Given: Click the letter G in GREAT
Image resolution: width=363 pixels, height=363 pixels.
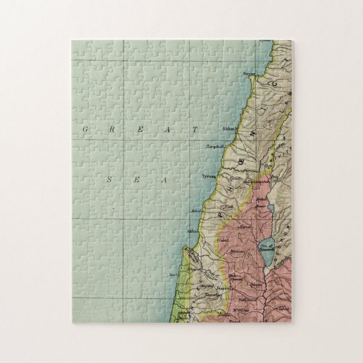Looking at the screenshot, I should coord(85,129).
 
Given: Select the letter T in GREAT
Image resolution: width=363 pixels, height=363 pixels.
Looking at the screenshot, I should coord(196,129).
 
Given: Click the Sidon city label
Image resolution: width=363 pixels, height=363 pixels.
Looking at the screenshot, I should coord(228,129).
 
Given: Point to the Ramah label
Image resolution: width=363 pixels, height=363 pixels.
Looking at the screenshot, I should coord(245,227).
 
